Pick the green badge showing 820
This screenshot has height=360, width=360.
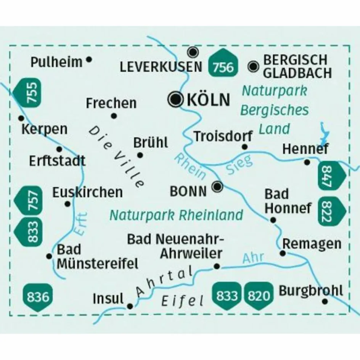click(260, 296)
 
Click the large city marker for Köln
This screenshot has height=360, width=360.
click(175, 100)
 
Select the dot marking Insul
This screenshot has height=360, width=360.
click(130, 306)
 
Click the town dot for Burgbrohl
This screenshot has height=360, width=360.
click(325, 301)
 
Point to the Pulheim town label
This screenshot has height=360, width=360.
click(56, 62)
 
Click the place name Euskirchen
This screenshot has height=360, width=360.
click(88, 192)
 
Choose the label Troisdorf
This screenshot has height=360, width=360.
click(223, 136)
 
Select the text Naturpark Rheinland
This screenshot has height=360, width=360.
click(176, 215)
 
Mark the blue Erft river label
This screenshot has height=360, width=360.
click(80, 225)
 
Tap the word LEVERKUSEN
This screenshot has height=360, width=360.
click(161, 67)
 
